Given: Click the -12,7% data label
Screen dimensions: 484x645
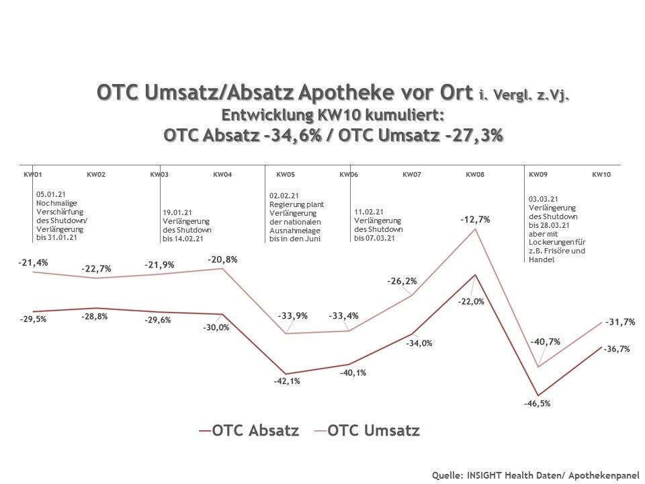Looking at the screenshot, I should click(x=475, y=219).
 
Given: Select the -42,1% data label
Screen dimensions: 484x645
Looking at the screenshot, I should click(x=286, y=381).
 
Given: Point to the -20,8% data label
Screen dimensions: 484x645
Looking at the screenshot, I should click(x=222, y=259).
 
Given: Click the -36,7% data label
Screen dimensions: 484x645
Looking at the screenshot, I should click(x=616, y=350).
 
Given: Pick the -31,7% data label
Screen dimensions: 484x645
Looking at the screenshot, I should click(x=620, y=322).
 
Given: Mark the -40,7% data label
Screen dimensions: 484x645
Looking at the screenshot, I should click(x=545, y=341).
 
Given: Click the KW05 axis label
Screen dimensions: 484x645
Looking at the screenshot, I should click(x=285, y=175).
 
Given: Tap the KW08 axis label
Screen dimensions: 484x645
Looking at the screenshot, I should click(x=475, y=175).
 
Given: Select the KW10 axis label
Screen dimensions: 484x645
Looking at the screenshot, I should click(x=601, y=175).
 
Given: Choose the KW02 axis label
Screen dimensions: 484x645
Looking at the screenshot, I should click(x=95, y=175).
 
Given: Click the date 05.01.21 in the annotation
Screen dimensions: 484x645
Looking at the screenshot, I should click(x=49, y=194).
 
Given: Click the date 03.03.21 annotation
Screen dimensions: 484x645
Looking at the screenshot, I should click(x=543, y=200).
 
